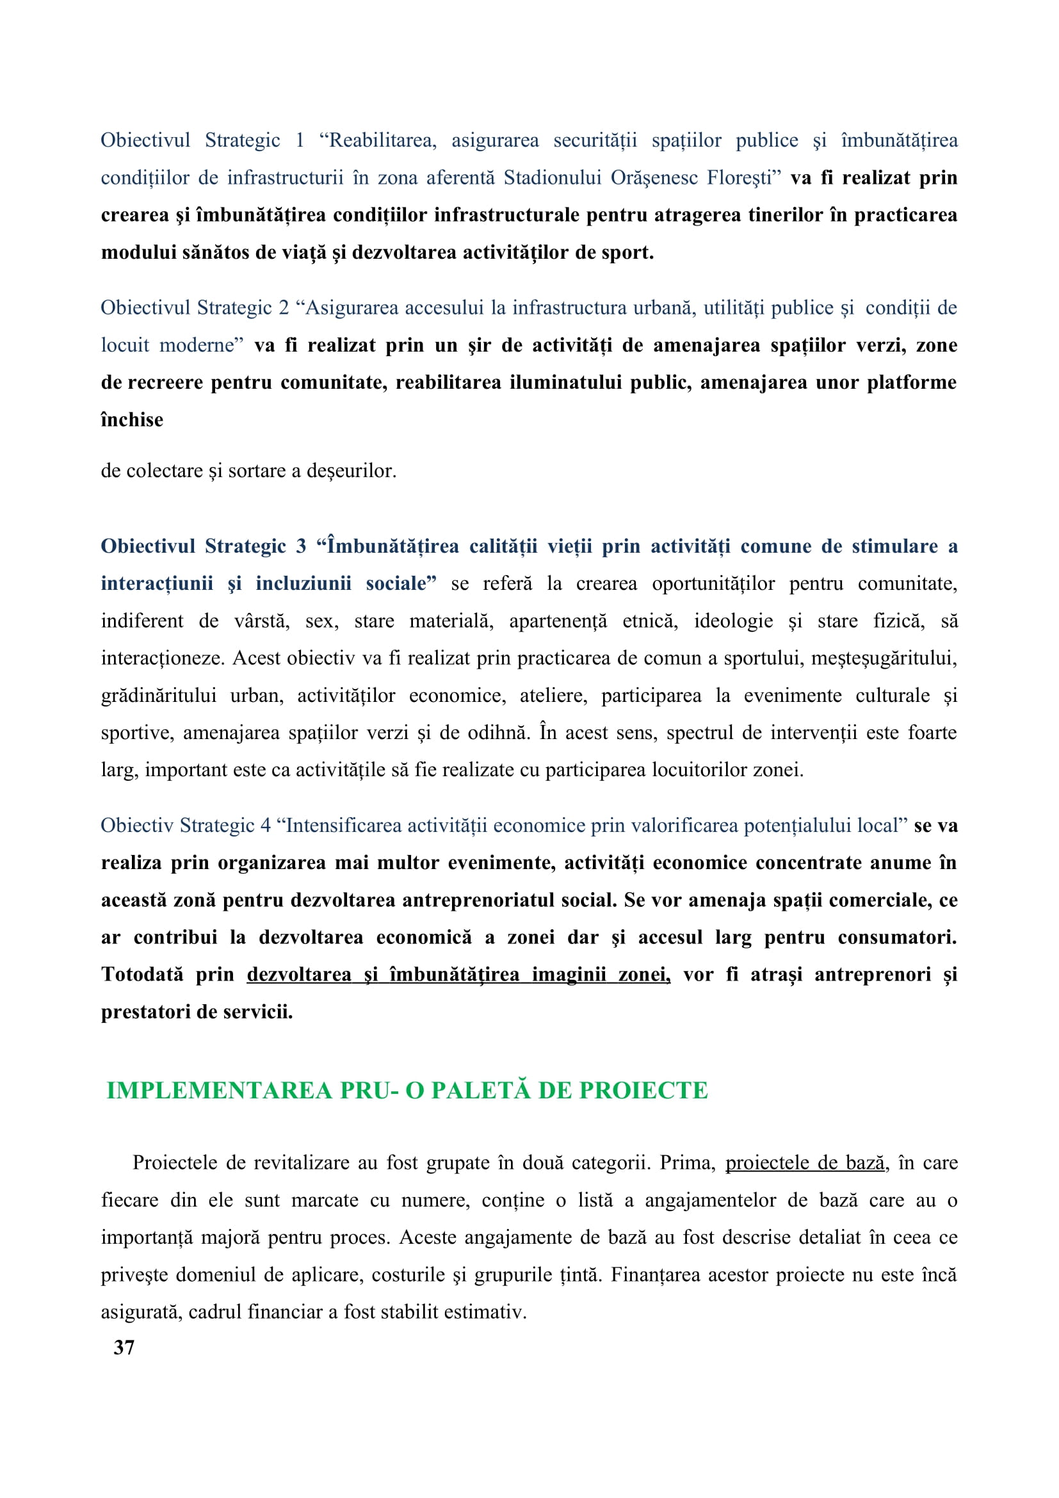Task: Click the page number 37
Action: coord(124,1347)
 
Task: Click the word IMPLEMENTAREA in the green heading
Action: coord(220,1091)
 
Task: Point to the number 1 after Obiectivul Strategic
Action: coord(299,140)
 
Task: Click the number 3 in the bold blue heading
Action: coord(301,546)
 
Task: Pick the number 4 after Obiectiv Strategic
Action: coord(266,826)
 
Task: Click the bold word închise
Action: coord(132,419)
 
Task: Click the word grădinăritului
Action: coord(158,696)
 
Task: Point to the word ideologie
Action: coord(733,621)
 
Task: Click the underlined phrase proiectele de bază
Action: coord(805,1162)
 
